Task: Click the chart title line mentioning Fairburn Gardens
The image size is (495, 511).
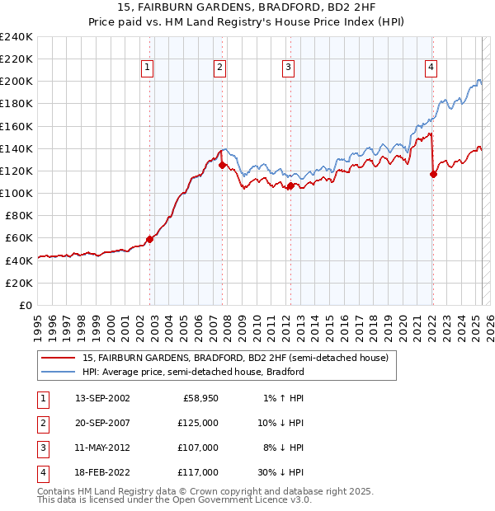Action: pos(247,7)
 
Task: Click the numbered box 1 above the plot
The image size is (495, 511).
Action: pos(147,68)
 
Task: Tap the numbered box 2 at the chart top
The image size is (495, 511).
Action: pos(219,68)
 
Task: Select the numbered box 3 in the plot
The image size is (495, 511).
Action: pos(288,68)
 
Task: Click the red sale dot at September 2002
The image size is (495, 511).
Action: pos(150,239)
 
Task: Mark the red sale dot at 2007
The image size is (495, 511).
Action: pos(223,165)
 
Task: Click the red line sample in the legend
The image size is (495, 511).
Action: pos(59,359)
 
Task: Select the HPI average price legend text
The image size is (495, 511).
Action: pos(193,372)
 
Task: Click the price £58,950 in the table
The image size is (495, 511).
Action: pos(199,398)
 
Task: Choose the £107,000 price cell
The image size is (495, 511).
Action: pos(199,448)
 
